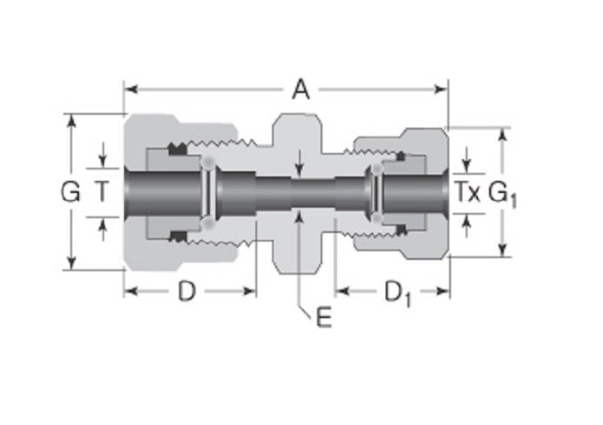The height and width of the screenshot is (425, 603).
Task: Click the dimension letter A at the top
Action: (x=301, y=90)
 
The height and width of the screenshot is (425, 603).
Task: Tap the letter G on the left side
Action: (x=70, y=192)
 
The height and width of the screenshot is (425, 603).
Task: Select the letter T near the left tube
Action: (x=103, y=192)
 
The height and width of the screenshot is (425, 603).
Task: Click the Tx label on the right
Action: (x=468, y=192)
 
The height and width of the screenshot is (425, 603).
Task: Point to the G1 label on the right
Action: (x=503, y=193)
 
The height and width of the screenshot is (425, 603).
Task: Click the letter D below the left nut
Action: (x=187, y=292)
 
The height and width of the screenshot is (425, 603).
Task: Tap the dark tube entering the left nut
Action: (x=161, y=192)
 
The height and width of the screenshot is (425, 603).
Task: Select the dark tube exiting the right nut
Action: (x=417, y=192)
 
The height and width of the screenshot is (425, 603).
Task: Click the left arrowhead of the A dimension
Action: (x=129, y=88)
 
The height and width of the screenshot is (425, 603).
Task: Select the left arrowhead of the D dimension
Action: (x=129, y=291)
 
